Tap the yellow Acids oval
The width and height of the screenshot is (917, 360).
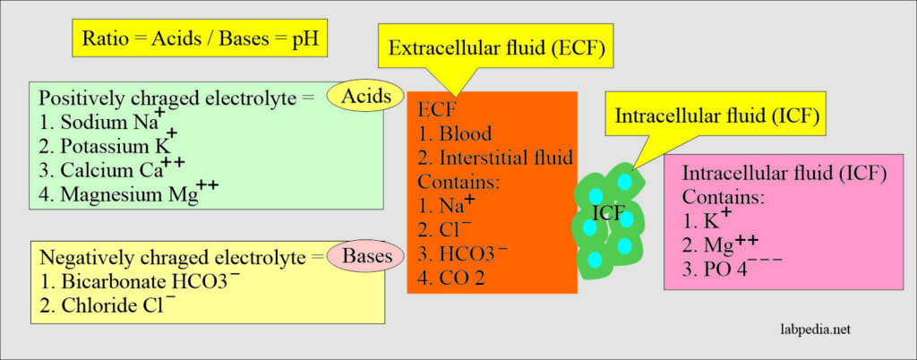(364, 97)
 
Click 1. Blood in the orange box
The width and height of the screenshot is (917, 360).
(456, 133)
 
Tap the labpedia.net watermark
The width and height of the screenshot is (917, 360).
(810, 330)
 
